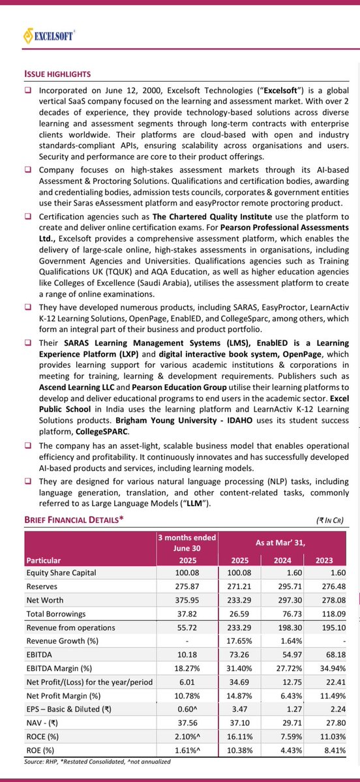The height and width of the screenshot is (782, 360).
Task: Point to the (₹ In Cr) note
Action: (329, 520)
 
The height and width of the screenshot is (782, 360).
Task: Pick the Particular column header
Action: (44, 560)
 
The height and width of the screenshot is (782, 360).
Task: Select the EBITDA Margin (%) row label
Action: (59, 669)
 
